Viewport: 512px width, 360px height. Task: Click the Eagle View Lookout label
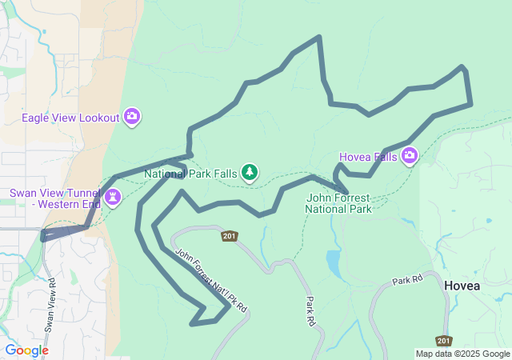70,118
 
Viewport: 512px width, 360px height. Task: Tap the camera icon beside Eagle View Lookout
133,117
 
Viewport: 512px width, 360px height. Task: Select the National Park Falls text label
190,173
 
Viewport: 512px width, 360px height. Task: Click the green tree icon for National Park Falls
250,171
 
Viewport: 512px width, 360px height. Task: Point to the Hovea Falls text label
368,157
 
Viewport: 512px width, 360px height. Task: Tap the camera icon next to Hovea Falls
410,155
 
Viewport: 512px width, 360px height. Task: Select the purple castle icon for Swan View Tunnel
113,196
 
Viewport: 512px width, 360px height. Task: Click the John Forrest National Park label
338,203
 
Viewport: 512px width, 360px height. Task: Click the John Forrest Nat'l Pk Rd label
212,280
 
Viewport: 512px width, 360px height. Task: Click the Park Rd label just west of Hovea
406,282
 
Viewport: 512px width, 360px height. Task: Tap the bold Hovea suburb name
463,285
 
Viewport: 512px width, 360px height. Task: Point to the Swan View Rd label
50,305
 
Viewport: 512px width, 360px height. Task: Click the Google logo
26,350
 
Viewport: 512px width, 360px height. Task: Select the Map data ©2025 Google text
462,354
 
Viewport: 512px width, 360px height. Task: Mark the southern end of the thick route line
193,323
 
